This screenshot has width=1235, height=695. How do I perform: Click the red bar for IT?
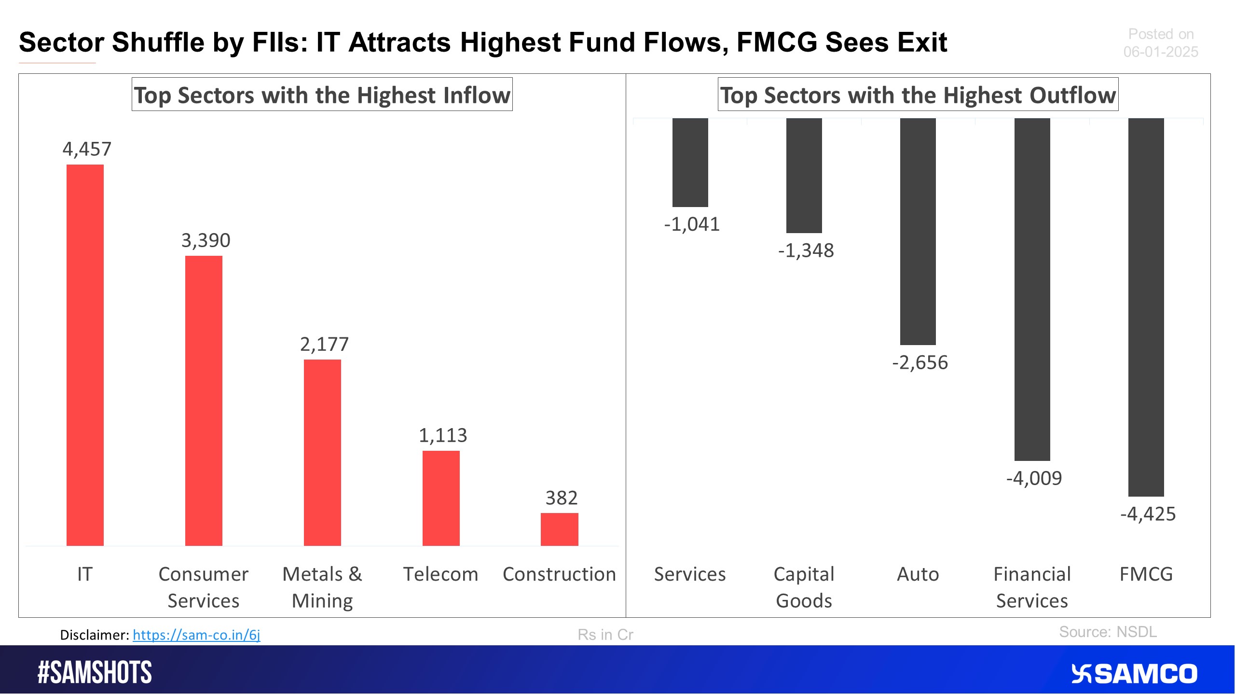point(85,355)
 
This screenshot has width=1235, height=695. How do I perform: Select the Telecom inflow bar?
point(441,498)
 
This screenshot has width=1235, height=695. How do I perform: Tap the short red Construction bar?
point(559,529)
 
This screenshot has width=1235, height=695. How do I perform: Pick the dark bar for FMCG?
point(1146,307)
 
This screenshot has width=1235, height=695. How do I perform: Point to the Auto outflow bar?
point(918,232)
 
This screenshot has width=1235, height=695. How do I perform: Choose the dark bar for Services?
point(690,162)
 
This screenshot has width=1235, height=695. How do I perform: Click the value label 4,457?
point(87,149)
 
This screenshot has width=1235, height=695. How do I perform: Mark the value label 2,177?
point(324,344)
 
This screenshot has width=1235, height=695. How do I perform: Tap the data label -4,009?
point(1034,478)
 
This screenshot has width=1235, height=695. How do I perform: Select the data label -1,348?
point(806,250)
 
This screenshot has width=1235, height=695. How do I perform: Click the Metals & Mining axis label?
point(322,587)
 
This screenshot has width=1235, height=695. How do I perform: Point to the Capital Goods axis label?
point(804,587)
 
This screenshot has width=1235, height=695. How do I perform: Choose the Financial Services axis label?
point(1032,587)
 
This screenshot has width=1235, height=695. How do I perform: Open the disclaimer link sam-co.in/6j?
point(196,635)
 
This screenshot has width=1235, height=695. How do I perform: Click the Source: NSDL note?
point(1108,632)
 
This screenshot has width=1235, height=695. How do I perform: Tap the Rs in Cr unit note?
point(605,635)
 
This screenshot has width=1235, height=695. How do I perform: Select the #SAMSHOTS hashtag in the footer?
point(95,672)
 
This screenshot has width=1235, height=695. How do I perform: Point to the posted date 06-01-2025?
point(1160,52)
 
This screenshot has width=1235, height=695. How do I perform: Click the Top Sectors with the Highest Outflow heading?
point(918,95)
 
